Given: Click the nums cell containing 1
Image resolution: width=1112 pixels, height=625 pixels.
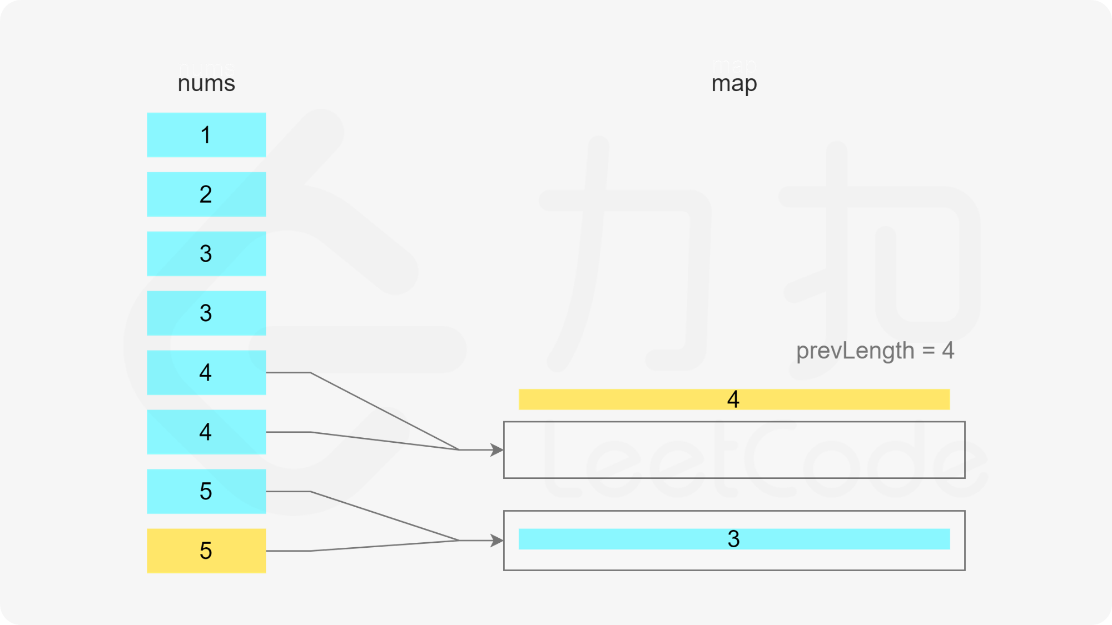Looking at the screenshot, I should pyautogui.click(x=206, y=135).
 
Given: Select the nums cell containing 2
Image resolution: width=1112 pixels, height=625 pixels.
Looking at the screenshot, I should pyautogui.click(x=206, y=194).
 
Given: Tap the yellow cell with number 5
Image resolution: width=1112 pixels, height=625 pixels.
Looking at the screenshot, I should pyautogui.click(x=206, y=551).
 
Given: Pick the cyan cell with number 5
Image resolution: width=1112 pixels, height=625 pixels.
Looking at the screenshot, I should pyautogui.click(x=206, y=491).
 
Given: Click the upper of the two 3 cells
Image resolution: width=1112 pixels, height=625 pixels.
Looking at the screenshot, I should pyautogui.click(x=206, y=254).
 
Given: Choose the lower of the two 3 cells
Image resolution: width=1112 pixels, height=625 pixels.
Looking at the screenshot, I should pyautogui.click(x=206, y=313).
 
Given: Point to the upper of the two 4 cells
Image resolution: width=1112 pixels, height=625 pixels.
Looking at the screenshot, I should pyautogui.click(x=206, y=373).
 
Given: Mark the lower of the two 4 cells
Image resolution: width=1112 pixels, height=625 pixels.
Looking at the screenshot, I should pyautogui.click(x=206, y=432).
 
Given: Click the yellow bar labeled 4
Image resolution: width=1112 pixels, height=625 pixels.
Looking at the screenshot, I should pyautogui.click(x=734, y=399).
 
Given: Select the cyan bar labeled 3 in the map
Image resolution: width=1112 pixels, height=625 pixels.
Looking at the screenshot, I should pyautogui.click(x=734, y=539).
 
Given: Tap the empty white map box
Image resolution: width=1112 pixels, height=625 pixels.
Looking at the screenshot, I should pyautogui.click(x=734, y=450).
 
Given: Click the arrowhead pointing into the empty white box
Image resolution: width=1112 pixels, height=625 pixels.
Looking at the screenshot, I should pyautogui.click(x=497, y=450).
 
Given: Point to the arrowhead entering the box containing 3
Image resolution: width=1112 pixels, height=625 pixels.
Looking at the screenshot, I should pyautogui.click(x=497, y=541).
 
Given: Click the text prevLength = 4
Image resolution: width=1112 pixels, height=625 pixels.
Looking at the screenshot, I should pyautogui.click(x=875, y=351).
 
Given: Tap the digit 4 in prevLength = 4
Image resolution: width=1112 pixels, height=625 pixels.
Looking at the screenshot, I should pyautogui.click(x=948, y=351).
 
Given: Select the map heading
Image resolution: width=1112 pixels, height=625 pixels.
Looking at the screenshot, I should pyautogui.click(x=734, y=75).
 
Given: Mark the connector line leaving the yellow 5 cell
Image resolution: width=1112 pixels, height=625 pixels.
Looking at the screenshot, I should pyautogui.click(x=361, y=547).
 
